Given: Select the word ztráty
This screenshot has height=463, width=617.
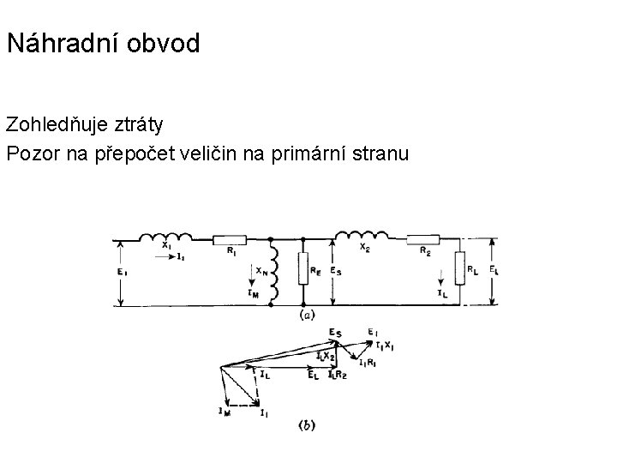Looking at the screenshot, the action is [x=138, y=124].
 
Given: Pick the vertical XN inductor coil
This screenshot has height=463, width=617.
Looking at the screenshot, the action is [x=272, y=270].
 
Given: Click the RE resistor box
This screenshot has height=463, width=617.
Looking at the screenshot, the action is [x=303, y=270].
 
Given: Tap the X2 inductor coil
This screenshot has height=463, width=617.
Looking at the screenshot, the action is [x=360, y=236].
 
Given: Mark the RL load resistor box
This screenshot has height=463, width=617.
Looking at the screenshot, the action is [x=460, y=270].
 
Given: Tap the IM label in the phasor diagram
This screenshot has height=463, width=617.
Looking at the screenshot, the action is [x=225, y=412].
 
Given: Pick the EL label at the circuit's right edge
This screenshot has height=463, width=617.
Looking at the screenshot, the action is [x=496, y=269].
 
